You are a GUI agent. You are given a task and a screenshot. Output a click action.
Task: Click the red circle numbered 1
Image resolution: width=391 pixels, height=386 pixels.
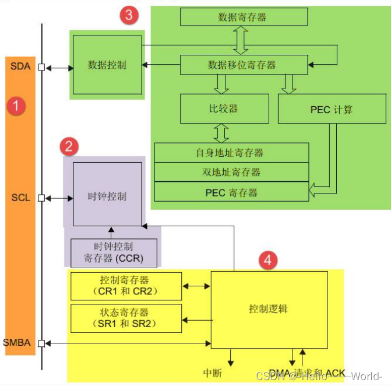[x=16, y=106]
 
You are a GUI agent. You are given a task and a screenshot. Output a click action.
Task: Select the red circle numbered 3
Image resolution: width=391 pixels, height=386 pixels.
[x=129, y=16]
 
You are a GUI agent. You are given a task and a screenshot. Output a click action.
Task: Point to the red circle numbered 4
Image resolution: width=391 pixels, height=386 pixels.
[x=267, y=260]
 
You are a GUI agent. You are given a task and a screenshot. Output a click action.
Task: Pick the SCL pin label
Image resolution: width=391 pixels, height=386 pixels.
[x=20, y=198]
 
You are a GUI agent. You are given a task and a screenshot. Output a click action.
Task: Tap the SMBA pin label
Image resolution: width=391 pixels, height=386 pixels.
[x=17, y=342]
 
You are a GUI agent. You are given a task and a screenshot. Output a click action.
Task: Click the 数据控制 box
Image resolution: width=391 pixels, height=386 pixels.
[x=107, y=65]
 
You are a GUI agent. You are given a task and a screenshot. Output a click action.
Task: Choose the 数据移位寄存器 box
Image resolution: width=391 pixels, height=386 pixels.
[x=242, y=65]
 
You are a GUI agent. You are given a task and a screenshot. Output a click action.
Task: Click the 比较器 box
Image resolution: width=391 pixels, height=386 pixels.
[x=223, y=108]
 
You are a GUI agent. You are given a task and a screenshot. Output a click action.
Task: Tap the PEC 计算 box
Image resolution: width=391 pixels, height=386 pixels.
[x=332, y=109]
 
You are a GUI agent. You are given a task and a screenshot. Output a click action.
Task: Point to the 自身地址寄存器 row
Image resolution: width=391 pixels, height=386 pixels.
[x=230, y=153]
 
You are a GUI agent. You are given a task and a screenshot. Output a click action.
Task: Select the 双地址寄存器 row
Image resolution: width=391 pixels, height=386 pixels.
[x=230, y=172]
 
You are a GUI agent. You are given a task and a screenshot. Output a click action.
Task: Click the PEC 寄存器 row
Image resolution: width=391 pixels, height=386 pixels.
[x=230, y=192]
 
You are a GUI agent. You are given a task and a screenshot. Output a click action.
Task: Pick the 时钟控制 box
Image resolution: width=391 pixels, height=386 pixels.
[x=107, y=196]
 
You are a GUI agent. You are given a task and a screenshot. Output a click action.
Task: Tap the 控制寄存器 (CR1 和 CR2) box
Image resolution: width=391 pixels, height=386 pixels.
[x=125, y=285]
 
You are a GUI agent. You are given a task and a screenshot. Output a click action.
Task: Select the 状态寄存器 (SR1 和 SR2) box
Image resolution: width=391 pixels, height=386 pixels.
[x=125, y=317]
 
